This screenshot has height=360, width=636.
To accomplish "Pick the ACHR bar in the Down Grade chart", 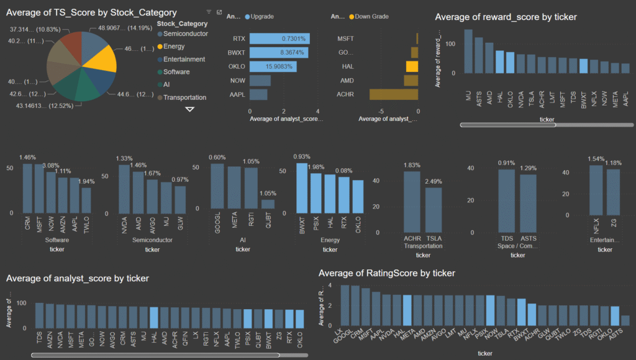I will point(394,94).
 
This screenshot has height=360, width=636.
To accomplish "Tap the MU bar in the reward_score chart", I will point(468,52).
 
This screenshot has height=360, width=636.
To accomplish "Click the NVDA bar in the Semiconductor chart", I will point(124,189).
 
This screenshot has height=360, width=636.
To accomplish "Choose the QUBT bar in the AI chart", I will point(268,204).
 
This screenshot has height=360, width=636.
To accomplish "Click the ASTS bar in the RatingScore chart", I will point(625,320).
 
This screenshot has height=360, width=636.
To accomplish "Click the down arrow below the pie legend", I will point(190,109).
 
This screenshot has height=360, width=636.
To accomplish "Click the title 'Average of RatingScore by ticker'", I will point(387,273).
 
